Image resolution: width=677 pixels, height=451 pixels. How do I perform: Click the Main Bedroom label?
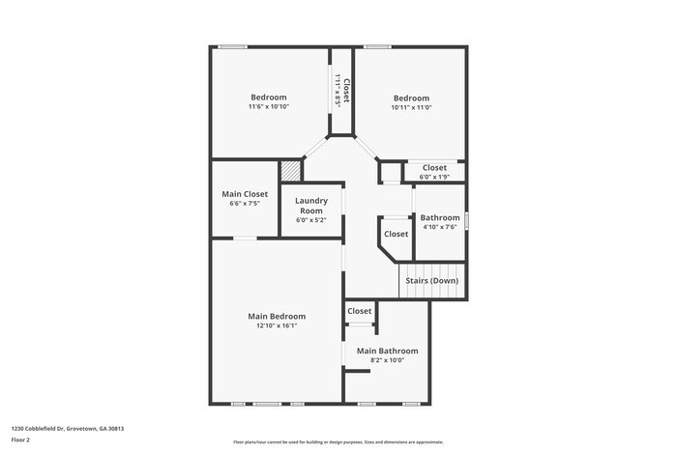pos(277,316)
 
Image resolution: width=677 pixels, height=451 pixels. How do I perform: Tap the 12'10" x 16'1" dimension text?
pos(277,326)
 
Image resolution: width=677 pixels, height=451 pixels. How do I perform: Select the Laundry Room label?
pos(311,206)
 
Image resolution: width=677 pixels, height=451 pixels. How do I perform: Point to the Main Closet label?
pos(245,194)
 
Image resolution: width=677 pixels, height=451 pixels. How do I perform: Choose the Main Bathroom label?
pos(387,351)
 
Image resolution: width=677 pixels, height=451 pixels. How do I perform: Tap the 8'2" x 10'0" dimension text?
pos(387,360)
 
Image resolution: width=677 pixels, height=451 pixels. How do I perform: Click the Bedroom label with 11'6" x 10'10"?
pos(269,97)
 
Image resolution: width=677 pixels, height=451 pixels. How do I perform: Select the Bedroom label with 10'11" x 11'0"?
pos(411,98)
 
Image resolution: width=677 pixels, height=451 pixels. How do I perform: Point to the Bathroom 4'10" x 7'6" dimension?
pos(439,227)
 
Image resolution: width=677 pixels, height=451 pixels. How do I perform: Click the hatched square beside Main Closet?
pos(291,170)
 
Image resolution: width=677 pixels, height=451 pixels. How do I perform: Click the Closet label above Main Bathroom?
pos(360,311)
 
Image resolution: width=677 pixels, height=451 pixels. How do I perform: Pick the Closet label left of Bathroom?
pos(396,234)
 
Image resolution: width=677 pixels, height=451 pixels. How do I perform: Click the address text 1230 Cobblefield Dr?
pos(68,429)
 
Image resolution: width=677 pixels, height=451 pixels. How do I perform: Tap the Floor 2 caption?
pos(21,439)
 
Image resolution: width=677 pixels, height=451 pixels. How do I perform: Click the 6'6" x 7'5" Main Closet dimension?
pos(245,204)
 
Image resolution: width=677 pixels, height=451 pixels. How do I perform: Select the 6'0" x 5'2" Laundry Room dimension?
pos(311,220)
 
